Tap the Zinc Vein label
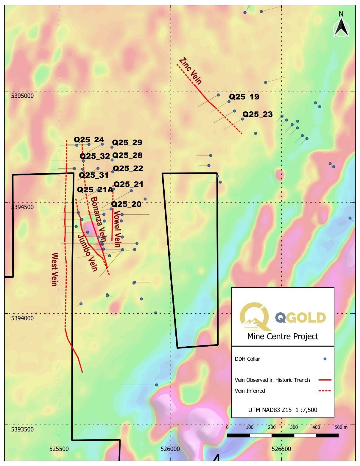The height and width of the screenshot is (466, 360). coord(191,71)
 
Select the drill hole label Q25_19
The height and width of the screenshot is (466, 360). coord(244,97)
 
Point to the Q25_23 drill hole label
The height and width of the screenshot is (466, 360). coord(257,114)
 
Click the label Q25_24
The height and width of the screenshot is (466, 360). coord(89,140)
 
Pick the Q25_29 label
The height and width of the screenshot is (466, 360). coord(127,142)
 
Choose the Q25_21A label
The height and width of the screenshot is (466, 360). coord(95,190)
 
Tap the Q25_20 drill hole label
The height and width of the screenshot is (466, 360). coord(126,204)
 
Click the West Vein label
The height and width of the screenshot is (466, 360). coord(54,269)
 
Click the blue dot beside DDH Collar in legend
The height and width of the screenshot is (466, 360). coord(325,359)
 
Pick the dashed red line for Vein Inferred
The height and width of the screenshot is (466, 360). coord(325,391)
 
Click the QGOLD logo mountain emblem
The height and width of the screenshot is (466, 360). coord(255,317)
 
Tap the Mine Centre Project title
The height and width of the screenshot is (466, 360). coord(283,336)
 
